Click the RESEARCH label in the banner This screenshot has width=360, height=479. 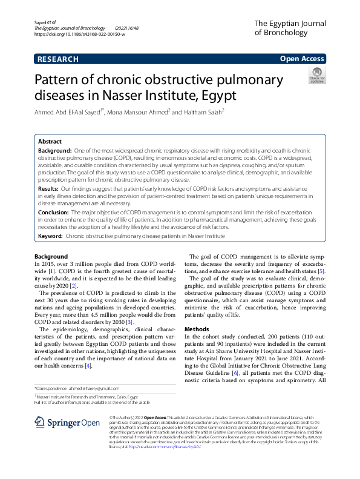[x=57, y=59]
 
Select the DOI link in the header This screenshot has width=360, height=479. [x=80, y=35]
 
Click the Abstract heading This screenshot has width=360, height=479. [x=50, y=141]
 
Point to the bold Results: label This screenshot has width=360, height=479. [x=51, y=189]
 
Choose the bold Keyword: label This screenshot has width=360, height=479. [x=51, y=236]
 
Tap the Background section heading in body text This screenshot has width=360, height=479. [x=51, y=257]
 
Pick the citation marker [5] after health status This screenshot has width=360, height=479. [x=322, y=288]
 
